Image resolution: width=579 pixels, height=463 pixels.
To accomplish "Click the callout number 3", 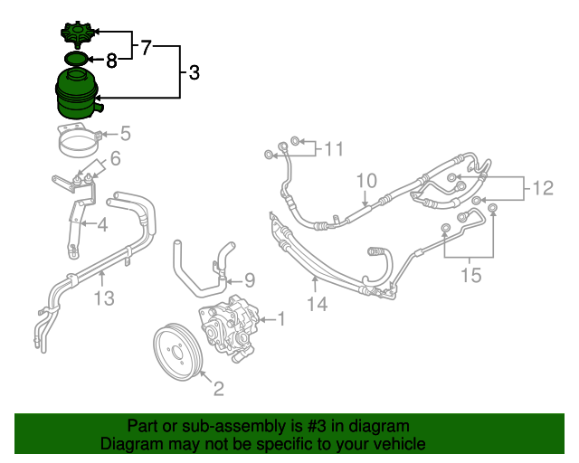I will (x=195, y=71).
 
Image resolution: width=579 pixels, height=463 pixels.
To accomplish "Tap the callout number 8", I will (x=111, y=61).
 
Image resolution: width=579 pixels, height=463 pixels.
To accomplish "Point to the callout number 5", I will (x=126, y=135).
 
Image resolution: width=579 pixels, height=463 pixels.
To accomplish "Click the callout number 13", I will (x=105, y=298).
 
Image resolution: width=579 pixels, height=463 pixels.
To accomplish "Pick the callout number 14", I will (x=316, y=305).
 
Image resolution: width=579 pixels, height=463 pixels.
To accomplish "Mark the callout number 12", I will (x=542, y=188).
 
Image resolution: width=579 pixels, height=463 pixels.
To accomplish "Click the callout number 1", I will (x=280, y=318).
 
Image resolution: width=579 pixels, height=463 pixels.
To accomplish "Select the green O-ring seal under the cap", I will (x=78, y=60).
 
